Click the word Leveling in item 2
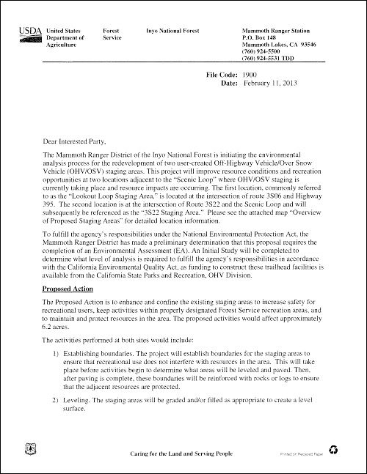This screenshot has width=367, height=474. [84, 402]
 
